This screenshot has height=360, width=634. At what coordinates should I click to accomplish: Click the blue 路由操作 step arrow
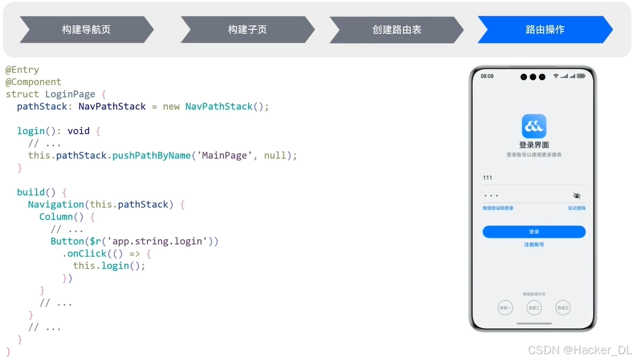click(545, 29)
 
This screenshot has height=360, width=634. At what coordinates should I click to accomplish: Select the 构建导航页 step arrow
click(86, 29)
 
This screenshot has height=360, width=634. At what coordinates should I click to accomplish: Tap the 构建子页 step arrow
click(247, 29)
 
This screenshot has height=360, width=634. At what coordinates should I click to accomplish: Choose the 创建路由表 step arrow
click(397, 29)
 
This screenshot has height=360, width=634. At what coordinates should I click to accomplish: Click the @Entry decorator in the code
click(22, 70)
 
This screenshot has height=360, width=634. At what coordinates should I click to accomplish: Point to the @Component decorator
click(34, 82)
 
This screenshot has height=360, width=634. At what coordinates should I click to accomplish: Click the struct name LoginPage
click(70, 94)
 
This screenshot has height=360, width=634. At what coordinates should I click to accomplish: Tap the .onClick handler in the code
click(85, 253)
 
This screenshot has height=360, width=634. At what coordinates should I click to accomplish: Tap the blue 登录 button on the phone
click(534, 232)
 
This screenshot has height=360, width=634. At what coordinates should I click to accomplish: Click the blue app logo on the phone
click(534, 126)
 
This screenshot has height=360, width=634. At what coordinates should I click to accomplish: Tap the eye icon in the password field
click(576, 196)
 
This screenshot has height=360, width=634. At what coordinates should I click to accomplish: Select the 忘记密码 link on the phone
click(576, 208)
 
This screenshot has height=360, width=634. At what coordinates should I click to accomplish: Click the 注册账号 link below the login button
click(534, 245)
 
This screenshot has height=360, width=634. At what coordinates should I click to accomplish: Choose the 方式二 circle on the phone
click(534, 308)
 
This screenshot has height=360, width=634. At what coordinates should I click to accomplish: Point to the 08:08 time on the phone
click(487, 77)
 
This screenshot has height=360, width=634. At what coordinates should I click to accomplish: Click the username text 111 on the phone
click(487, 178)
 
